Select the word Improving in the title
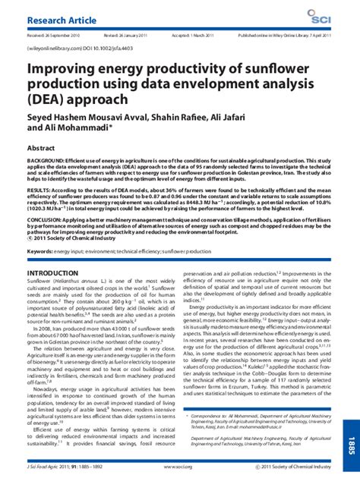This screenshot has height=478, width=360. coord(60,74)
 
